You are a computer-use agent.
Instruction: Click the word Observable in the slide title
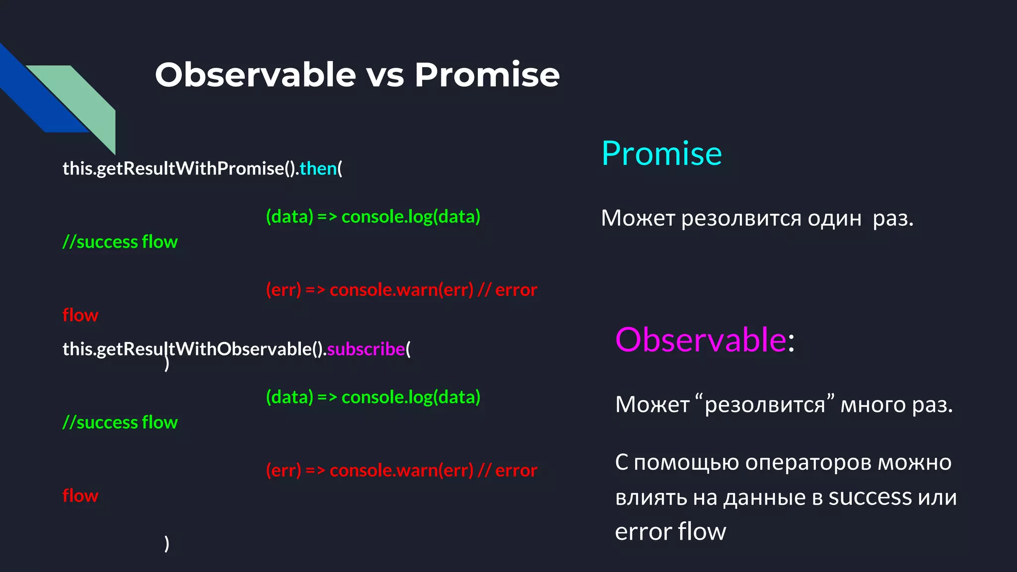(255, 75)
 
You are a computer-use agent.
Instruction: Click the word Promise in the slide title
(487, 75)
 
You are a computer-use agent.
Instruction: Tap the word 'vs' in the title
(385, 77)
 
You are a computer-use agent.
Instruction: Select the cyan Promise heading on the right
(661, 153)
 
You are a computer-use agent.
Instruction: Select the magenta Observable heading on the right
(701, 340)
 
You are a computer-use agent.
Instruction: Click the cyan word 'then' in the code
(318, 169)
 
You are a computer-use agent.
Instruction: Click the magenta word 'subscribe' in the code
(366, 349)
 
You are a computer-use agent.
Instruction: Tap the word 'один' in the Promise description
(834, 218)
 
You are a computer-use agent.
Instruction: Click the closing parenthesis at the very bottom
(167, 544)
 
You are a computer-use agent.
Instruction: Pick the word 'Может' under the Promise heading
(638, 218)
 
